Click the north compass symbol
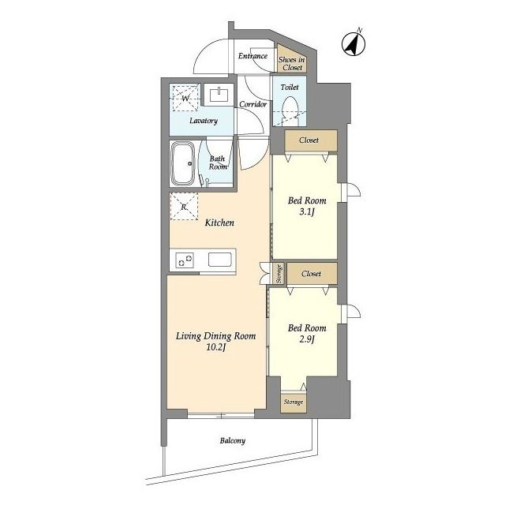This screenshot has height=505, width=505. [x=353, y=43]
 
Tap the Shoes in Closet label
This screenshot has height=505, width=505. [x=292, y=64]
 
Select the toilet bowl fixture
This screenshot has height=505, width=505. [x=290, y=110]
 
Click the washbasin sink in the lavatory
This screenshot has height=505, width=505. [x=219, y=95]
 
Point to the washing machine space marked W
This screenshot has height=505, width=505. [x=185, y=98]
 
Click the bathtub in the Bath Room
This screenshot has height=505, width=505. [x=183, y=163]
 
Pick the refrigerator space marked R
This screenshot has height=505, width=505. [x=184, y=207]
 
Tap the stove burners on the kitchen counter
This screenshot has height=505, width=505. [x=185, y=260]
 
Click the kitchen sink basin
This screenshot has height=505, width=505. [x=220, y=260]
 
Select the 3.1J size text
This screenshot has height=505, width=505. [x=307, y=212]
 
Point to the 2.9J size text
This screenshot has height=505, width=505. [x=307, y=339]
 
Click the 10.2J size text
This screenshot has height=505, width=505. [x=215, y=347]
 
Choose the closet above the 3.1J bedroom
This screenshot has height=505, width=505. [x=311, y=140]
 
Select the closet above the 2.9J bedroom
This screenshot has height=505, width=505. [x=312, y=274]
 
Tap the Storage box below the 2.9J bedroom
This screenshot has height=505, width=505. [x=294, y=402]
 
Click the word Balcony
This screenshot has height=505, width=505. [x=233, y=440]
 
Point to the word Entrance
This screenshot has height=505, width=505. [x=252, y=56]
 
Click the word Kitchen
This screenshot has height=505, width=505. [x=219, y=223]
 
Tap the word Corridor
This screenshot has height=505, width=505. [x=253, y=104]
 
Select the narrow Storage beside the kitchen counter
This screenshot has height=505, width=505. [x=279, y=274]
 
